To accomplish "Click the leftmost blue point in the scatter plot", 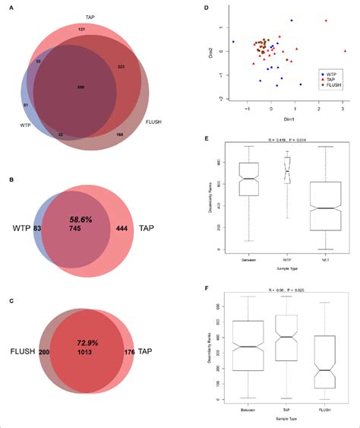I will (x=233, y=42).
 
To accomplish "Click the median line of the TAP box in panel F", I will (x=286, y=335).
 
